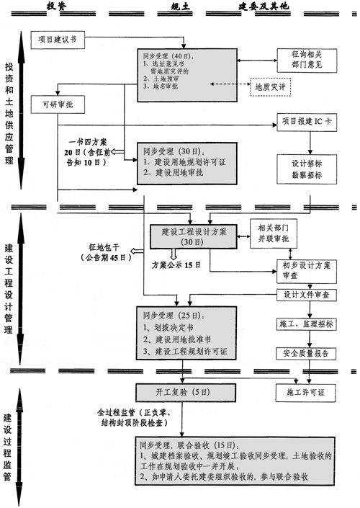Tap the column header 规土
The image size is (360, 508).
coord(179,6)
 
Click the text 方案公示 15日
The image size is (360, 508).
coord(178,265)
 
